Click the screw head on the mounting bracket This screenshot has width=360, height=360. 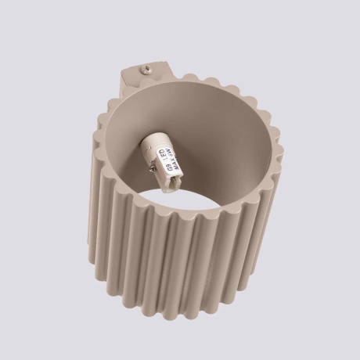(146, 70)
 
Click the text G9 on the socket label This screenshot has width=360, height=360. (169, 167)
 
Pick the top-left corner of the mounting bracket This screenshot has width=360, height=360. (124, 70)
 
